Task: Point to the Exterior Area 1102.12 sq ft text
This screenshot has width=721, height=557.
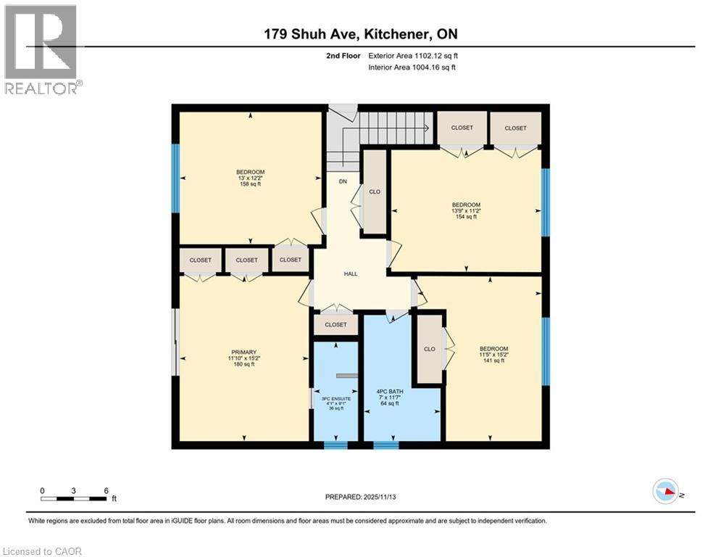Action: click(x=412, y=54)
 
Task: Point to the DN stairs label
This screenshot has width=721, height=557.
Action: click(x=343, y=181)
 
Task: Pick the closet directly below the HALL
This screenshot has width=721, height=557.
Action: click(x=336, y=325)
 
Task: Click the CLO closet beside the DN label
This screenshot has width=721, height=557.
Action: click(x=375, y=192)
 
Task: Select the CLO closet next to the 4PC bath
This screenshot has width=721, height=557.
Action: click(x=429, y=349)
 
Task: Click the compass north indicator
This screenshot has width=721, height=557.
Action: click(x=666, y=491)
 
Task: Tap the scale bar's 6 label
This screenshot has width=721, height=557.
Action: click(x=107, y=490)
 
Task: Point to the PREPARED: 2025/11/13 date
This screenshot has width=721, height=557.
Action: click(x=360, y=497)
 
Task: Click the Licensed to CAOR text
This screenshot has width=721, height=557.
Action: click(x=43, y=551)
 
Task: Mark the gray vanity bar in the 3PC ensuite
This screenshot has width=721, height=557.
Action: click(x=347, y=376)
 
